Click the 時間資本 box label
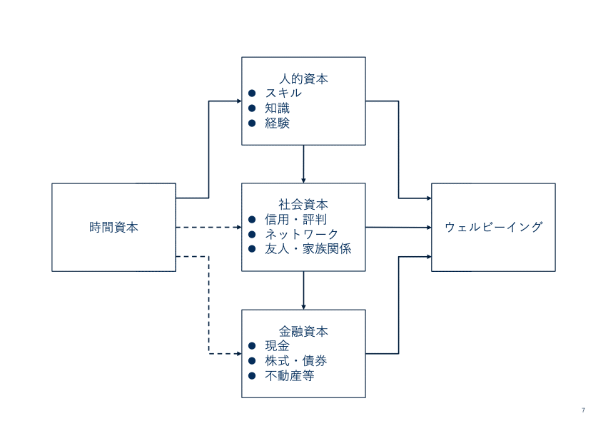coord(114,228)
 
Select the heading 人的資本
coord(304,79)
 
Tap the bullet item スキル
coord(283,93)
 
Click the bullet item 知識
coord(277,108)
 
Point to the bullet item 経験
coord(277,123)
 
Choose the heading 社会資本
coord(304,204)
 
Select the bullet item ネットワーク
coord(302,234)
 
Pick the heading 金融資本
coord(304,331)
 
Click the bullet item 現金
coord(277,346)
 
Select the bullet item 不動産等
coord(290,376)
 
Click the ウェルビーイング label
coord(493,228)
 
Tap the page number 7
coord(583,410)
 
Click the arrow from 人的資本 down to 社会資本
coord(304,164)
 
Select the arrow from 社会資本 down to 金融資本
coord(304,290)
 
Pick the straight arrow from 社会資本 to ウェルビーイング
coord(398,228)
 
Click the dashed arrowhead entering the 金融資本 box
coord(238,354)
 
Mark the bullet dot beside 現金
coord(252,346)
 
